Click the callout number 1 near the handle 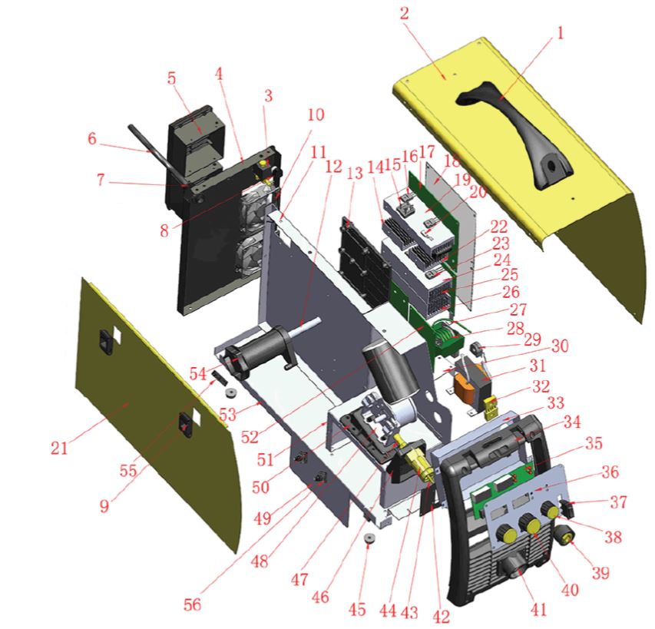point(560,32)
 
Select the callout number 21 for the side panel point(59,449)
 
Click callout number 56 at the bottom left point(192,604)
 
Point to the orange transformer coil point(465,389)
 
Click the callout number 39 point(600,573)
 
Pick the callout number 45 point(357,609)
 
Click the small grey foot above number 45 point(369,538)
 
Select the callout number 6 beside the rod point(92,138)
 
